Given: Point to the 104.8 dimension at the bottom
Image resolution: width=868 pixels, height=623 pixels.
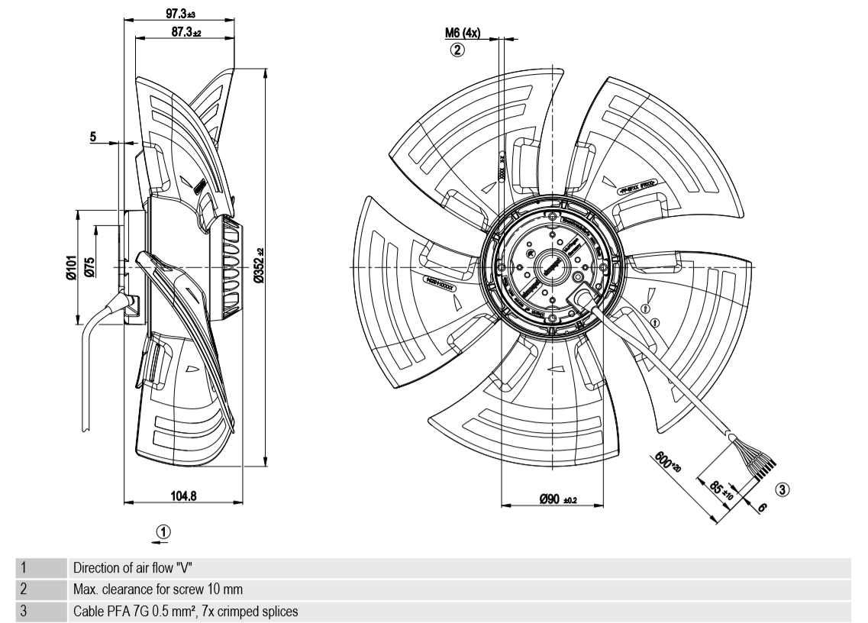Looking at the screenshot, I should (182, 495).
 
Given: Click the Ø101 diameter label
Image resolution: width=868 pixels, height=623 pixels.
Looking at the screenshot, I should (69, 267).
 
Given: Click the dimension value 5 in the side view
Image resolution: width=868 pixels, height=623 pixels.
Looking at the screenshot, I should (93, 137).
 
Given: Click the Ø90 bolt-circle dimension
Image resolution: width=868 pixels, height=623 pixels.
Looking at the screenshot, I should (557, 499).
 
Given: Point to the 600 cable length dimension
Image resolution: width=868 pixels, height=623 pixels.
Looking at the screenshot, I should (666, 463).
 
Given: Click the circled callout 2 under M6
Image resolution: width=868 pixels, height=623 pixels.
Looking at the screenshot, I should (457, 50).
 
